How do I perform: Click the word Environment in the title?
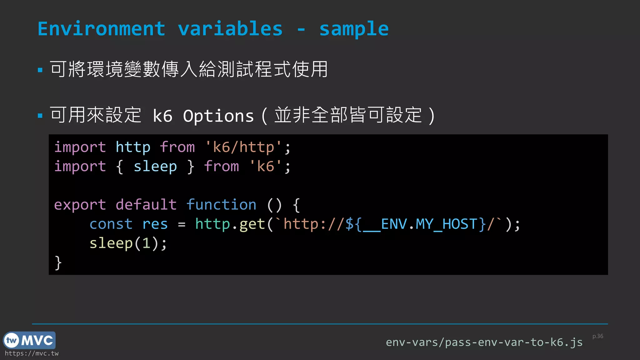[x=101, y=29]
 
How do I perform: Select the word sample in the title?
[x=354, y=29]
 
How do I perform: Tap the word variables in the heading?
[x=230, y=29]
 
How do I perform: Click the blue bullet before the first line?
[x=40, y=70]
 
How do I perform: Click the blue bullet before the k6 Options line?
[x=40, y=116]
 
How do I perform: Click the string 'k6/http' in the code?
[x=243, y=147]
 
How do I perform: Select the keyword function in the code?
[x=221, y=205]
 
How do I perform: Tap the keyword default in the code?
[x=146, y=205]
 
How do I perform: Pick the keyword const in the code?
[x=111, y=224]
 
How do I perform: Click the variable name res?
[x=155, y=224]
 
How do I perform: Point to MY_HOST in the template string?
[x=446, y=224]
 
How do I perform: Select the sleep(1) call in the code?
[x=128, y=243]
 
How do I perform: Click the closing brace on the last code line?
[x=58, y=262]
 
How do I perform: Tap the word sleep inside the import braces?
[x=155, y=167]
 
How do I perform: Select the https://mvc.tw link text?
[x=32, y=353]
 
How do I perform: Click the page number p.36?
[x=597, y=336]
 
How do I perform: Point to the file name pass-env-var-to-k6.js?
[x=514, y=342]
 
